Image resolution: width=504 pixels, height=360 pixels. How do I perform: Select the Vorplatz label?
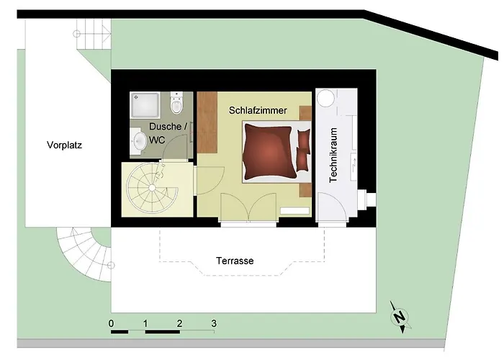click(64, 144)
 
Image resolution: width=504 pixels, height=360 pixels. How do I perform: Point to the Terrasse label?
click(235, 260)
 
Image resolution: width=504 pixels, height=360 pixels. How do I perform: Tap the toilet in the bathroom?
click(176, 106)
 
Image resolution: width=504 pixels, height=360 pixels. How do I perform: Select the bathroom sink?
click(139, 143)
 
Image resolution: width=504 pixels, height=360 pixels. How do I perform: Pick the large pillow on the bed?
click(269, 152)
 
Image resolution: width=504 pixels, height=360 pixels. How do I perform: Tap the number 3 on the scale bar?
click(214, 323)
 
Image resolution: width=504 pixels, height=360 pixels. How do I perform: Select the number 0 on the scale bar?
click(112, 323)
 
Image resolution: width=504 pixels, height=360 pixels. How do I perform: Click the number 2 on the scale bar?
click(179, 323)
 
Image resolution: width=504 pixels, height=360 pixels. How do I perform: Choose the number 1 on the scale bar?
click(145, 323)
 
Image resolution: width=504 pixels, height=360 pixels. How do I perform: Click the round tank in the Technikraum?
click(328, 97)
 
